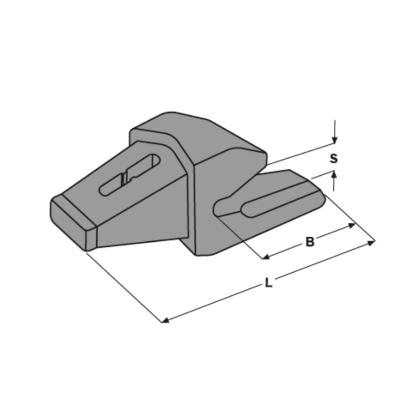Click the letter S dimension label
(x=333, y=158)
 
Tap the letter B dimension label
(x=310, y=241)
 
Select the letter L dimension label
(x=268, y=283)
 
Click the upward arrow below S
(x=334, y=175)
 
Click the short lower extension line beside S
(x=319, y=175)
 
